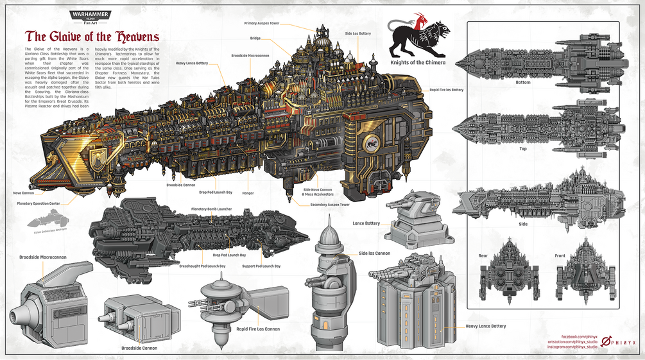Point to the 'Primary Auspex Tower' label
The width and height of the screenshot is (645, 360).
(262, 23)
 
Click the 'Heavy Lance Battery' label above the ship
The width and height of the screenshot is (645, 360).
(191, 63)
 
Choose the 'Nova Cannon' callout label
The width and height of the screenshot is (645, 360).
(23, 193)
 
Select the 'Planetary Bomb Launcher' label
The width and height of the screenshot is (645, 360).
(211, 209)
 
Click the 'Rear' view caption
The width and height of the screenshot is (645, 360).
(483, 256)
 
